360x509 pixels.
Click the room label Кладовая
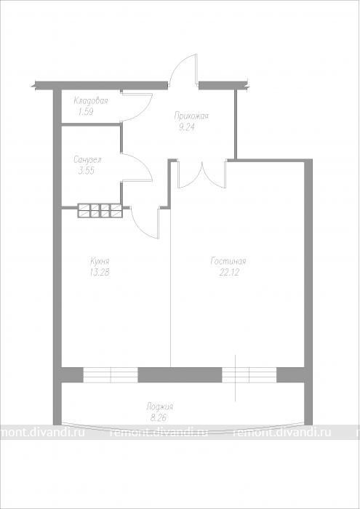[x=91, y=100]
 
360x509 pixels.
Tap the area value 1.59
[x=86, y=112]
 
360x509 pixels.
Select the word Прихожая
[x=191, y=116]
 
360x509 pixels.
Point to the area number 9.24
[x=186, y=127]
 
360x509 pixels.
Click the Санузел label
[x=87, y=160]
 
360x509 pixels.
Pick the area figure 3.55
[x=87, y=171]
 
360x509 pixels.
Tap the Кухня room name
[x=100, y=261]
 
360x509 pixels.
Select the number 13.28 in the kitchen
[x=100, y=273]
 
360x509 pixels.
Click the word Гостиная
[x=228, y=261]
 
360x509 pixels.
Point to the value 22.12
[x=229, y=273]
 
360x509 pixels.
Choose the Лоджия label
[x=159, y=406]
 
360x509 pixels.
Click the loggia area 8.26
[x=158, y=418]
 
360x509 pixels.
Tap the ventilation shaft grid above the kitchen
[x=100, y=210]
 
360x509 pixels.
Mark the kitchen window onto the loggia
[x=111, y=375]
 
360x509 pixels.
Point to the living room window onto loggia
[x=249, y=375]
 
